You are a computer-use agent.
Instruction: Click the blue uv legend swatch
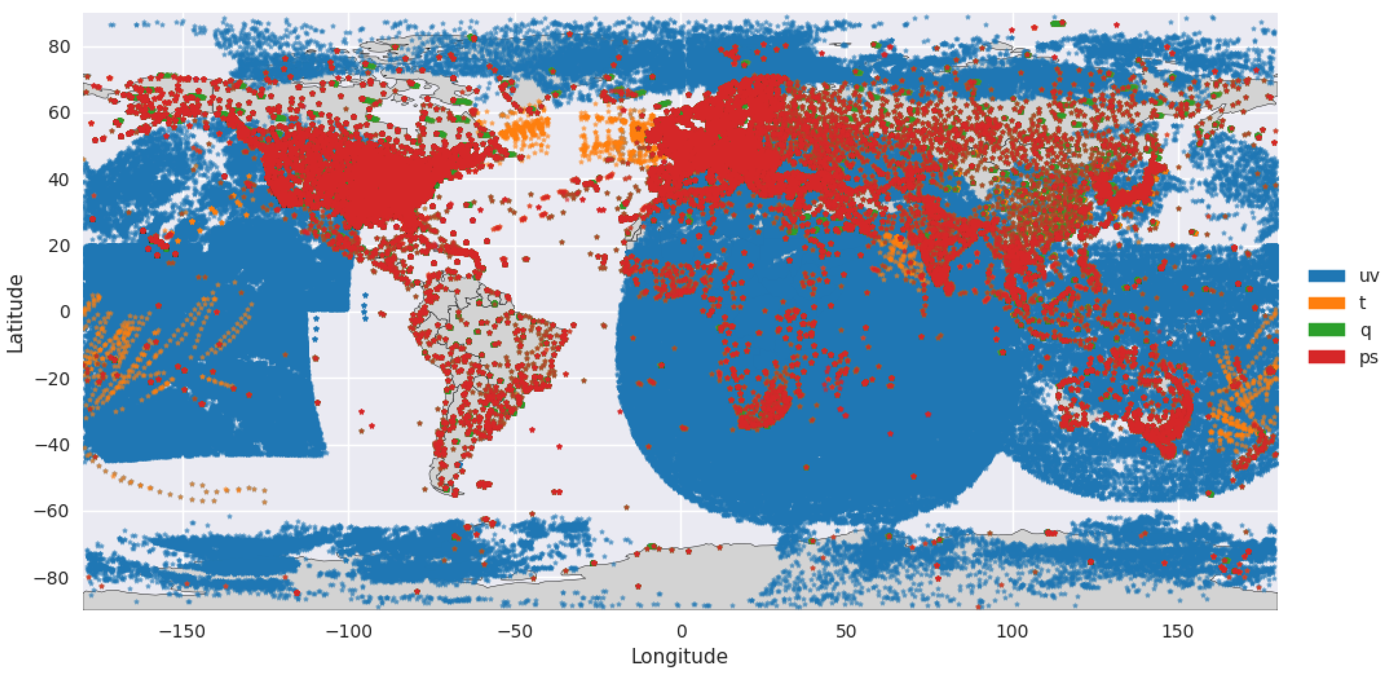coord(1326,276)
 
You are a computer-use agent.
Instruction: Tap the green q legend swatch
coord(1326,330)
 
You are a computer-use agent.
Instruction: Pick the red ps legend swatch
coord(1326,356)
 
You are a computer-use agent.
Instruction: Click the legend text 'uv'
coord(1369,276)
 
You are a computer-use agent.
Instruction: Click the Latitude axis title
coord(15,313)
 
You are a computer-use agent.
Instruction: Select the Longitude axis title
coord(680,657)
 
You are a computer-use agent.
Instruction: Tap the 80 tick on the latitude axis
coord(59,47)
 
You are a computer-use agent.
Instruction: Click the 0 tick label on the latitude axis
coord(65,312)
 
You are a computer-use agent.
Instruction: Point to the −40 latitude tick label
coord(52,445)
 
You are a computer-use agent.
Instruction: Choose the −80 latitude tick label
coord(52,578)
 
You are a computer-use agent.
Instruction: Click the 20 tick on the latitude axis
coord(59,246)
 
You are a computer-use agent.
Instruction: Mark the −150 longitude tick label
coord(182,631)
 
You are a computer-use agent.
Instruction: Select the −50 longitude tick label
coord(515,631)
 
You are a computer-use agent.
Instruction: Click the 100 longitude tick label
coord(1012,631)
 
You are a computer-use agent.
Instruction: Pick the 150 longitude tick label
coord(1178,631)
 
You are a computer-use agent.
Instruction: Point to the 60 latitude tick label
coord(59,113)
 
